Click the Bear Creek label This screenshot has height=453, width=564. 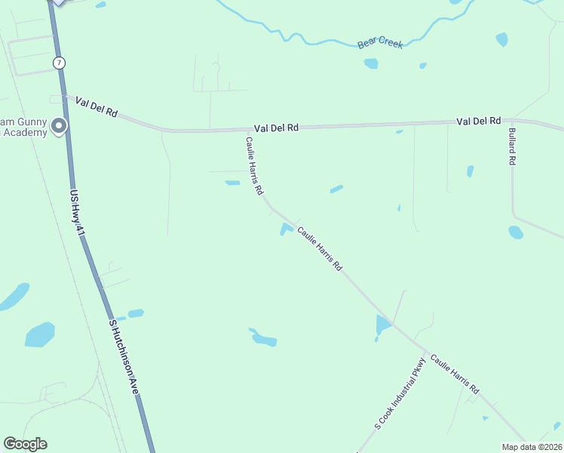point(380,44)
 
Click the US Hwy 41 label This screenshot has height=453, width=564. point(75,212)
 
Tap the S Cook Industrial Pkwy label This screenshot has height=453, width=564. point(400,394)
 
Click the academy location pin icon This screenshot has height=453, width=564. point(59,126)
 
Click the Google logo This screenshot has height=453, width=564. point(25,444)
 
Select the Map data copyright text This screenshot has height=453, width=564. point(532,447)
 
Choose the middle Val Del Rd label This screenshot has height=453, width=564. point(276,128)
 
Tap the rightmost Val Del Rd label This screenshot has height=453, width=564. point(479,121)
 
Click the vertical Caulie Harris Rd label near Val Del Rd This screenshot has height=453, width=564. point(253,166)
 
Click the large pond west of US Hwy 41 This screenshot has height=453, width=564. point(40,334)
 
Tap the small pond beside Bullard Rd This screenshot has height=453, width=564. point(516,232)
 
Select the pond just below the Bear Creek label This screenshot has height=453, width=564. point(371,63)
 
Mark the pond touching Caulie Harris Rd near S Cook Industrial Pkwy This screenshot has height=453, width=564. point(383,325)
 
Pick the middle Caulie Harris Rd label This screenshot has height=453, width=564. point(320,249)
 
